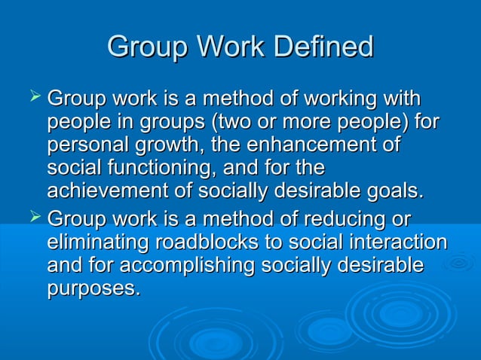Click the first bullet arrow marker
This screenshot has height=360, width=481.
click(32, 96)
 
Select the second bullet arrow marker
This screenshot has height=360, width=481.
click(32, 219)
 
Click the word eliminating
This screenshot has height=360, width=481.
click(98, 243)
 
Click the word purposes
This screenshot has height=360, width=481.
click(93, 288)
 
